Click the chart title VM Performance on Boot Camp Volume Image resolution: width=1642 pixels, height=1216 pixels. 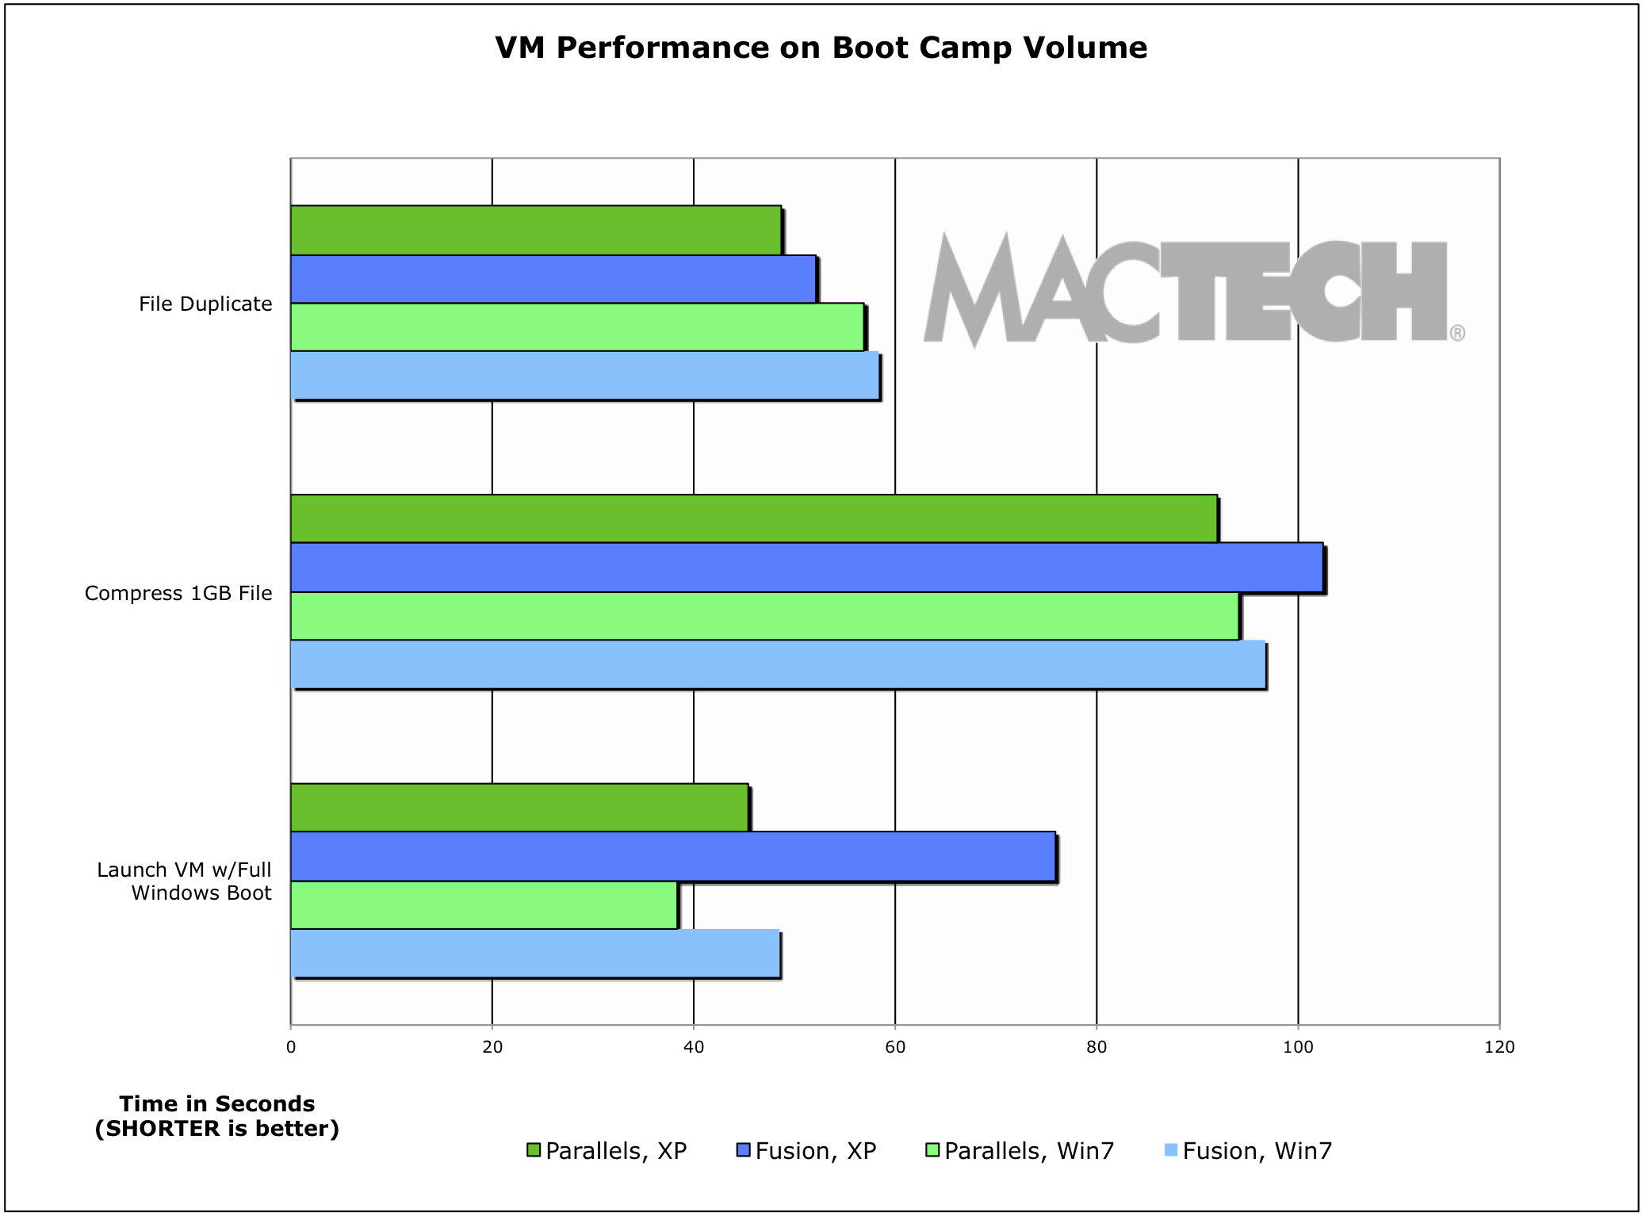821,48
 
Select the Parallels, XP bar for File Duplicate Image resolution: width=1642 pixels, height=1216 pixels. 535,231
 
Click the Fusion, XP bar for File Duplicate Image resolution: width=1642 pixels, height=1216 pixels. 553,279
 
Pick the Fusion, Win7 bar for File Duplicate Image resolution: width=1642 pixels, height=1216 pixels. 584,376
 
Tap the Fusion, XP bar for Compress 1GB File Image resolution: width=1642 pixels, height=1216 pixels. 806,568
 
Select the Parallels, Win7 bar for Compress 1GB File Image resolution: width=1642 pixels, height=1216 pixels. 764,616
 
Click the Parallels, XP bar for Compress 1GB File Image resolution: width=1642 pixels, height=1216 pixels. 753,519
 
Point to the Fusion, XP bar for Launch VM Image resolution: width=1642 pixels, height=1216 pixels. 672,856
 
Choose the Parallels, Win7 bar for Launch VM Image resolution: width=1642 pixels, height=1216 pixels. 484,905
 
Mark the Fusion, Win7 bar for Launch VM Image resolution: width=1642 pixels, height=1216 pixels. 535,954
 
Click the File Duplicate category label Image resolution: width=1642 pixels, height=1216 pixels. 205,304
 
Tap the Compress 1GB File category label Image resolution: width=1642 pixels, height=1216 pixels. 178,594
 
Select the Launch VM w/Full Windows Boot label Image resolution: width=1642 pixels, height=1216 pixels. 184,881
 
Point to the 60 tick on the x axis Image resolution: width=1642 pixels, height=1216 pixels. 895,1047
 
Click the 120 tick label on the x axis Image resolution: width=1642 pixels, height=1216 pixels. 1498,1047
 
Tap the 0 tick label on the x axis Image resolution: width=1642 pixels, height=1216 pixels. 291,1047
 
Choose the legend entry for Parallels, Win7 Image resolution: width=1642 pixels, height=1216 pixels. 1020,1151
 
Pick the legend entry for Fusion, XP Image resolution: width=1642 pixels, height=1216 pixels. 806,1151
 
